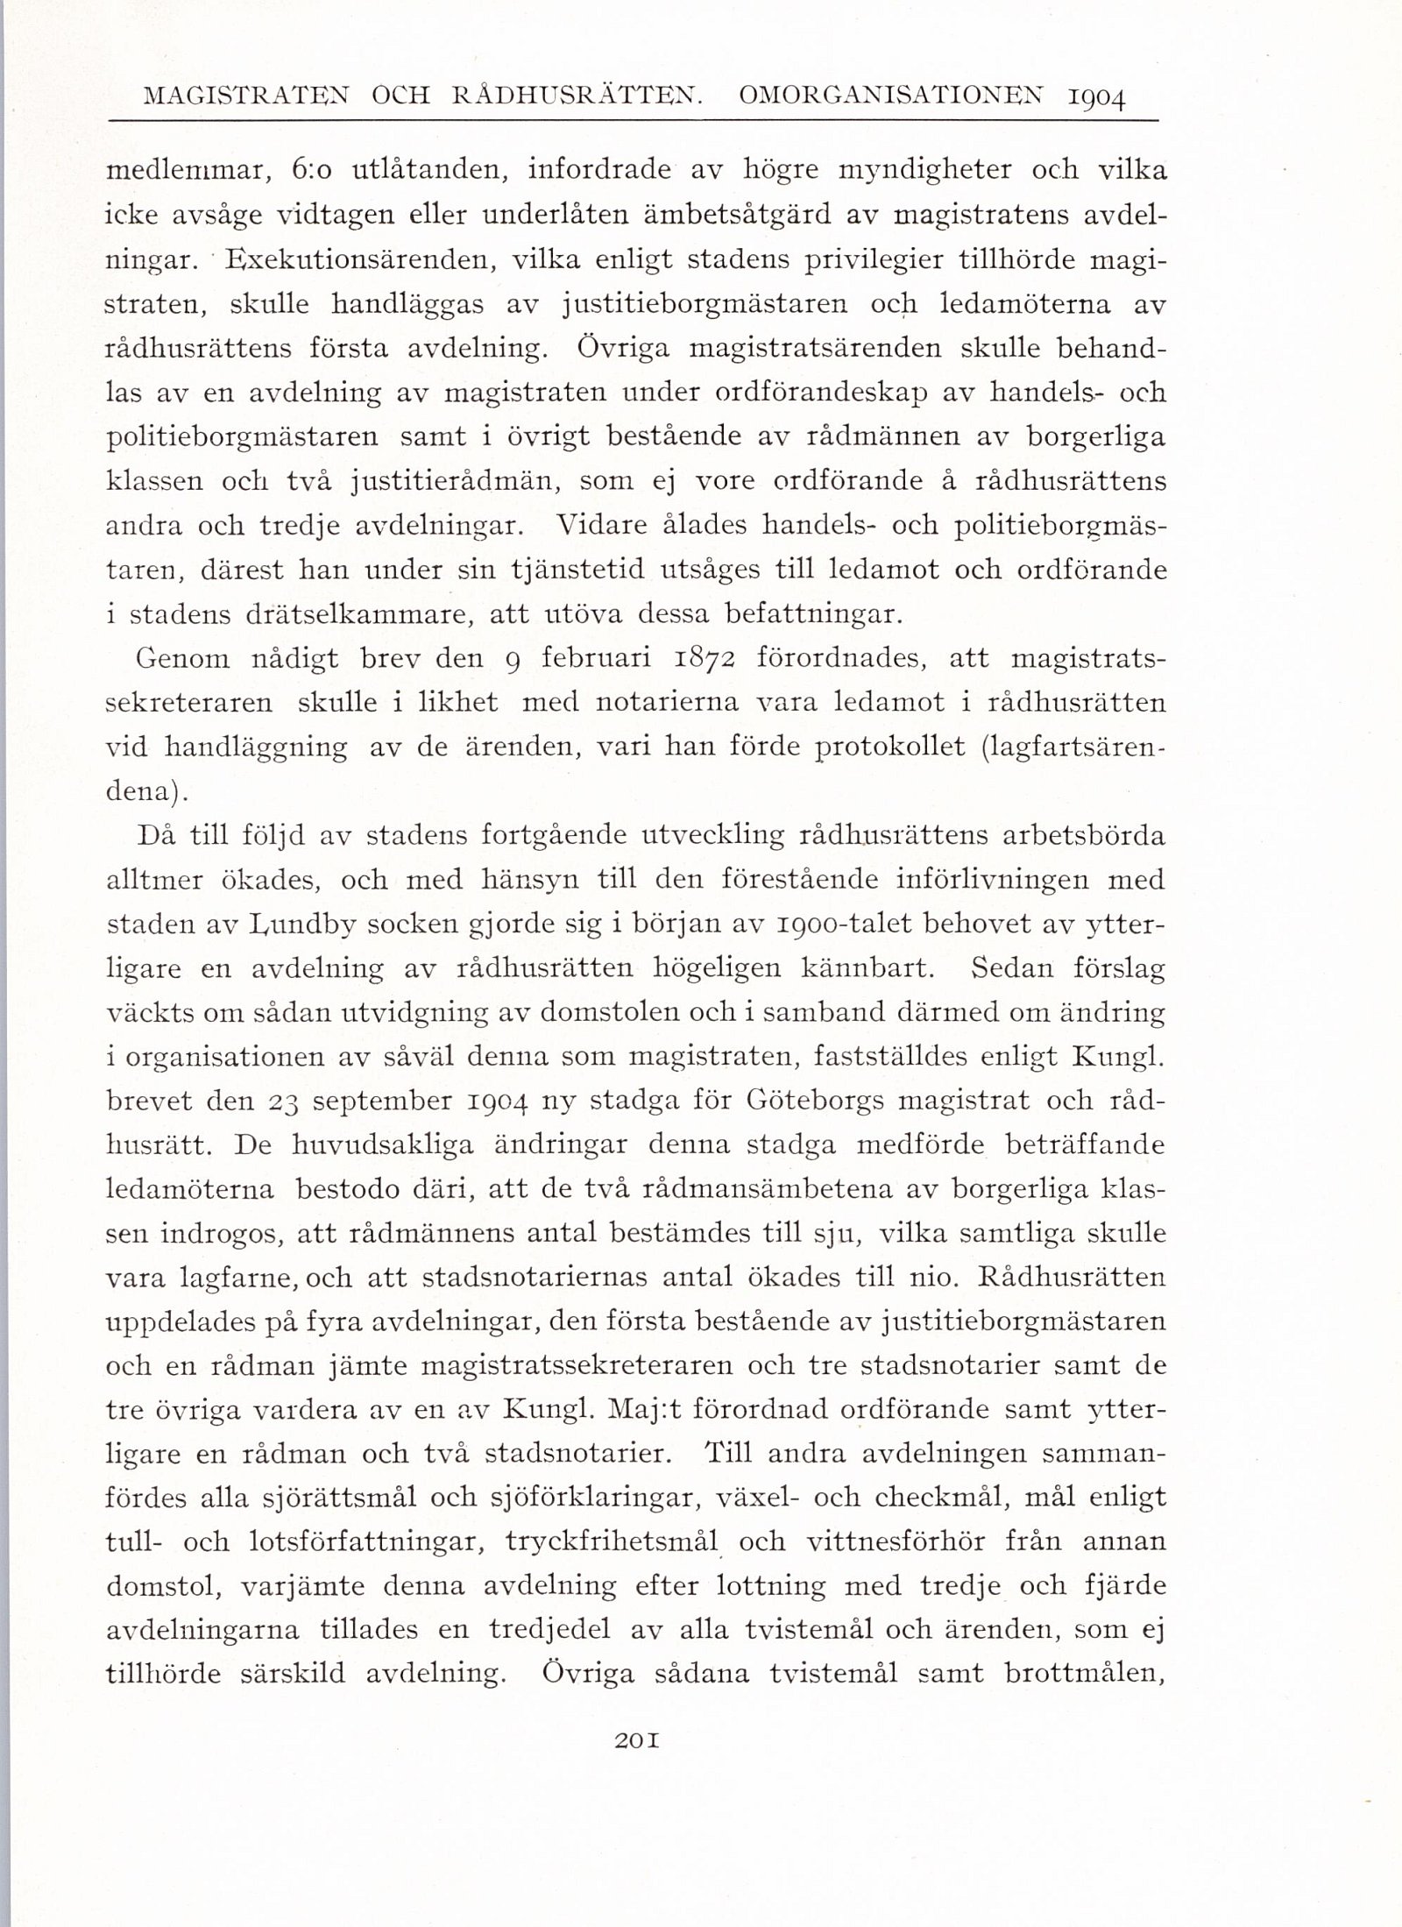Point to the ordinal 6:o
point(310,170)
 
